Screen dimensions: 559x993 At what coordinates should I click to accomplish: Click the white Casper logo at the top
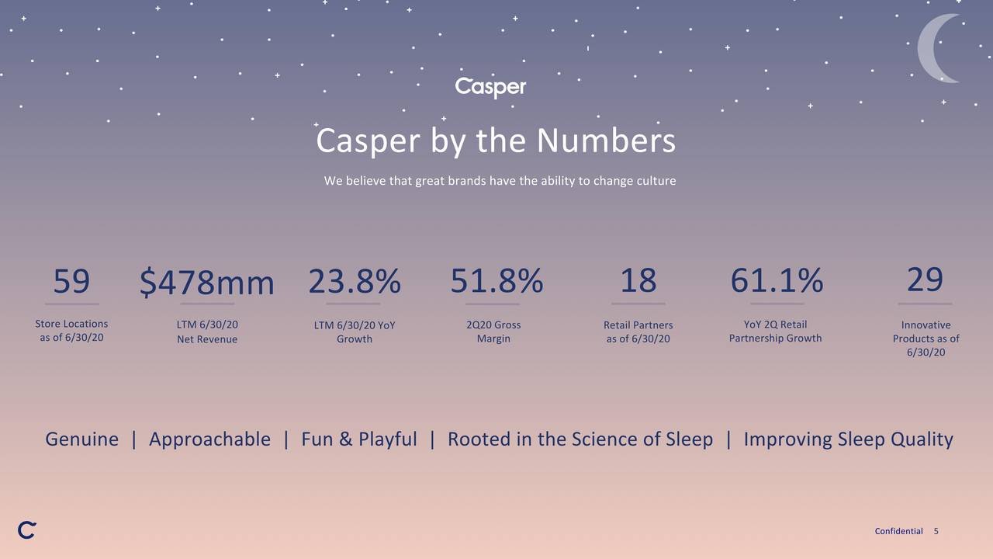490,87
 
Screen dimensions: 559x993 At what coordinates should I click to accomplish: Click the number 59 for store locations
71,281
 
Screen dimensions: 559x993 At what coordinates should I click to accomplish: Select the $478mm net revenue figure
207,283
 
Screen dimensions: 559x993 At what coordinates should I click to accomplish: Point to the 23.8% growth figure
355,281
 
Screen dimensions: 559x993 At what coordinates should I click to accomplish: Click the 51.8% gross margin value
496,281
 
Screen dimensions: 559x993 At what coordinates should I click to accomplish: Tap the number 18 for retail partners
638,280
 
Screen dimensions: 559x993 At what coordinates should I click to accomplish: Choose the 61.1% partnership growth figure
777,281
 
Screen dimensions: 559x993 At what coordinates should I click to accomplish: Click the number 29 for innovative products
925,279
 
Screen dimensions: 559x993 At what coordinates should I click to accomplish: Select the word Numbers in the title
606,141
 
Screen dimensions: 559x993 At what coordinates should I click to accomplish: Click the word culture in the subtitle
656,181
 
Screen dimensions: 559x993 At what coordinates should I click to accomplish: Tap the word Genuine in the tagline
81,439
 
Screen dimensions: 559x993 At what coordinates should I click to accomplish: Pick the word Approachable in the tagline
209,439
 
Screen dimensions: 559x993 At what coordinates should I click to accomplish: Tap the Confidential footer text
898,531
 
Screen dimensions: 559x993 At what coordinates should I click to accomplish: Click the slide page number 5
936,531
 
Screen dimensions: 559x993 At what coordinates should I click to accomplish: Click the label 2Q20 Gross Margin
493,332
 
